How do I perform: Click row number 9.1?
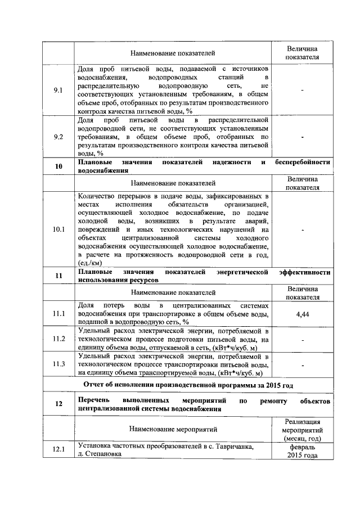58,90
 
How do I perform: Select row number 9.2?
58,136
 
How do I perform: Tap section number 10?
58,166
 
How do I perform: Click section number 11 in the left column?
58,276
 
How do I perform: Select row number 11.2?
58,339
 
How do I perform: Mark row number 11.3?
58,364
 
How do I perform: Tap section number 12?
58,404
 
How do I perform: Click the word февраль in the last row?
303,446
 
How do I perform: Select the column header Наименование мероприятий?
173,429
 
